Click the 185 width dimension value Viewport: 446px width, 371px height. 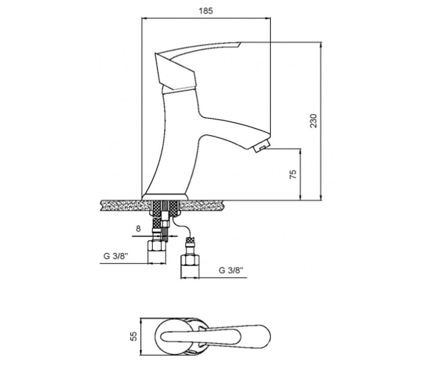pos(206,11)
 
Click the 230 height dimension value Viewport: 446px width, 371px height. pos(313,121)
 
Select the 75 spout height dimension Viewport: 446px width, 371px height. pos(293,174)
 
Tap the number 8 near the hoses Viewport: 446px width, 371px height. pos(138,229)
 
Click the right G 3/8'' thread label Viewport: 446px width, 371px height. pos(231,270)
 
